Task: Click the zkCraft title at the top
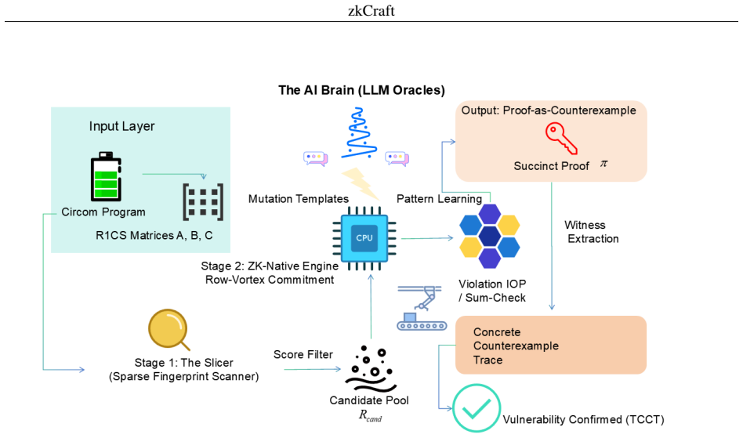click(371, 10)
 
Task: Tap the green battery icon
click(106, 176)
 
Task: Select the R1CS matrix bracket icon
click(203, 202)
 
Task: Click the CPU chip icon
click(364, 238)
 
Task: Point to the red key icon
click(561, 138)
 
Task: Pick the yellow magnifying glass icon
click(169, 330)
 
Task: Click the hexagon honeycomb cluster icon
click(490, 236)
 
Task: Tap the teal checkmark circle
click(477, 408)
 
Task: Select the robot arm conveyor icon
click(422, 308)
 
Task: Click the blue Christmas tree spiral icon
click(359, 133)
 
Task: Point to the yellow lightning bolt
click(361, 183)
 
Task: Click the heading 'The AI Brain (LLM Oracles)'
click(361, 90)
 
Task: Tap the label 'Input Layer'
click(121, 126)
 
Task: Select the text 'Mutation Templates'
click(299, 199)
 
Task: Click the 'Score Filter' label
click(303, 355)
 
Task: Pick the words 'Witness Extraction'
click(592, 232)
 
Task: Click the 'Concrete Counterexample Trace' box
click(551, 346)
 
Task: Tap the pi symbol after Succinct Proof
click(603, 164)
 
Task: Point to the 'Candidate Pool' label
click(369, 400)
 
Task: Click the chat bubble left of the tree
click(316, 158)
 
